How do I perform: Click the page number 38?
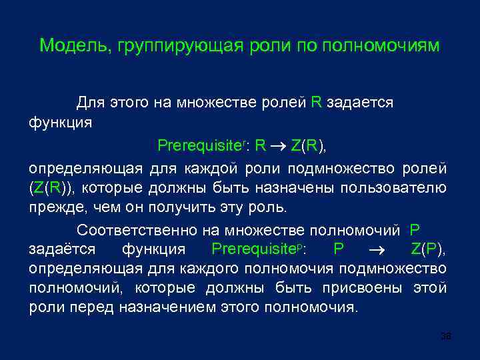click(x=446, y=338)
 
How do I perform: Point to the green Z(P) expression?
click(x=429, y=249)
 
